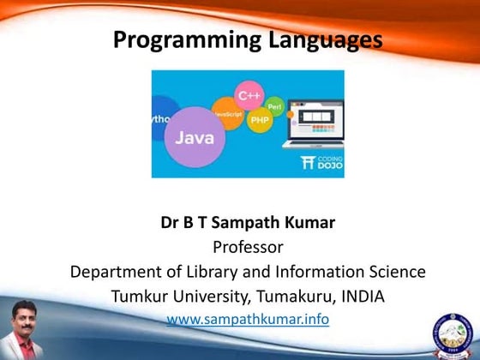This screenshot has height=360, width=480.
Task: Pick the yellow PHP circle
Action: (x=260, y=121)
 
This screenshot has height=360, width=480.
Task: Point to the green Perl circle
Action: (x=275, y=104)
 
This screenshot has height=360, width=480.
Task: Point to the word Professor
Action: (x=247, y=248)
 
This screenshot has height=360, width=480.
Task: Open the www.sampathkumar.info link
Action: (x=248, y=319)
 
